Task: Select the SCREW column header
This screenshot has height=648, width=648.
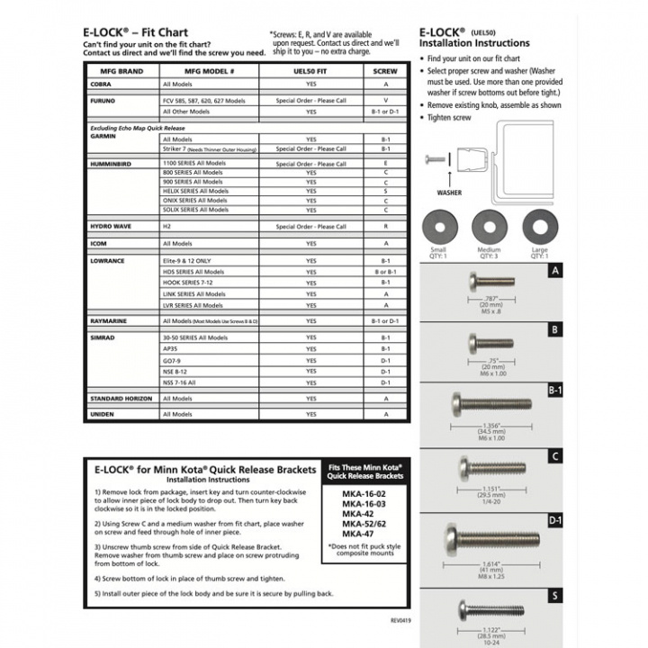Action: (385, 71)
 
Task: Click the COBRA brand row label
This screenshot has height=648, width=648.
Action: (100, 84)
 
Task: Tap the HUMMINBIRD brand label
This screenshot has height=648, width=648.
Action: (112, 164)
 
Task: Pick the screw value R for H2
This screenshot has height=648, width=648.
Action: (385, 227)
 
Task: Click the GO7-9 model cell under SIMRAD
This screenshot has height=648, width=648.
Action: (172, 360)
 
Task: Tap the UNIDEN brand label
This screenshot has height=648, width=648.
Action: (103, 414)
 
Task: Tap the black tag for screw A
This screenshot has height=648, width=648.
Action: (555, 271)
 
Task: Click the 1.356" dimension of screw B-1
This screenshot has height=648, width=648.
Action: (491, 427)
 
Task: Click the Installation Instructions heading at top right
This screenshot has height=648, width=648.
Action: (474, 43)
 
